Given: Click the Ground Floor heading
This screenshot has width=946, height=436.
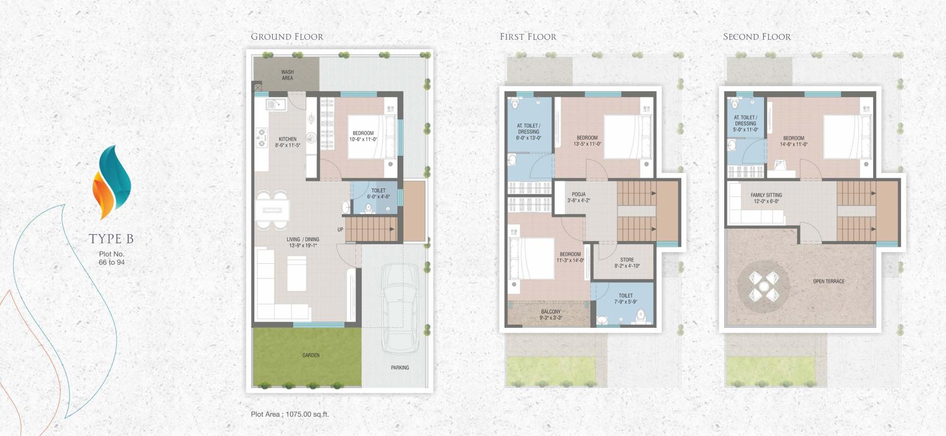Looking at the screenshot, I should (287, 37).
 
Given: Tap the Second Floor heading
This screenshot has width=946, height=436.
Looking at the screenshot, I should (756, 37).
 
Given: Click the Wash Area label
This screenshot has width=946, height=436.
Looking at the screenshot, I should (287, 75).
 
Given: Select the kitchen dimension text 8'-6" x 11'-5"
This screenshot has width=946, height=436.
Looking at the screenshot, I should (287, 145).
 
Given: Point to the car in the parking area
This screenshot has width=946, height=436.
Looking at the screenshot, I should (400, 308).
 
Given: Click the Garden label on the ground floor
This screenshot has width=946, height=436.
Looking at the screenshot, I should (311, 355).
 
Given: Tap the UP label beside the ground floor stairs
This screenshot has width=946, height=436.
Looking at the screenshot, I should (340, 229).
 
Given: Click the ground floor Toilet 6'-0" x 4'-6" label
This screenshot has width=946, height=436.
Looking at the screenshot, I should (378, 193).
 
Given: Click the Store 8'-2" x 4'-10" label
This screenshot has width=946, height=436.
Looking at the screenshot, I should (627, 263).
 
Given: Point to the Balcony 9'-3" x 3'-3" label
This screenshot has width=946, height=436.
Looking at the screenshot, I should (550, 314).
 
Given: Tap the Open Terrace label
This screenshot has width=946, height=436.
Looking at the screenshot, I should (828, 281).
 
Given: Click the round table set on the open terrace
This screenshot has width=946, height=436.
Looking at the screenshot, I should (763, 286).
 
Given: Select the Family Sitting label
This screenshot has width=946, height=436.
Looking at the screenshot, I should (766, 198).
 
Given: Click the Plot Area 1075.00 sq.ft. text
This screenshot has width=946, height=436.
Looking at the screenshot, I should (290, 414).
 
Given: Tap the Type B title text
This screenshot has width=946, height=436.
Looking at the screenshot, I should (111, 239).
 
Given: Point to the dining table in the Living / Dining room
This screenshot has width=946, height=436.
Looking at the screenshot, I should (272, 210).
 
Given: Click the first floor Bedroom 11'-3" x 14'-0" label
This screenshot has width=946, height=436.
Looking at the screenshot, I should (570, 257).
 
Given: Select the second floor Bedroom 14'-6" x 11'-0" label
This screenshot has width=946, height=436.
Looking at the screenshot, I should (793, 141).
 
